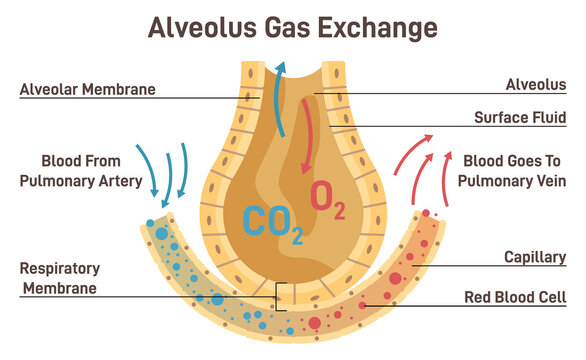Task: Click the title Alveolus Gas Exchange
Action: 292,26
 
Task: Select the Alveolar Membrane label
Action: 88,89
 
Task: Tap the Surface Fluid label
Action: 520,117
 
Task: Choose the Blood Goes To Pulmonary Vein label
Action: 515,171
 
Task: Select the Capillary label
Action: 534,257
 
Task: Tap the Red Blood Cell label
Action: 516,297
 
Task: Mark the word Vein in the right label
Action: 549,183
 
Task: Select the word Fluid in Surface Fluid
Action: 549,117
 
